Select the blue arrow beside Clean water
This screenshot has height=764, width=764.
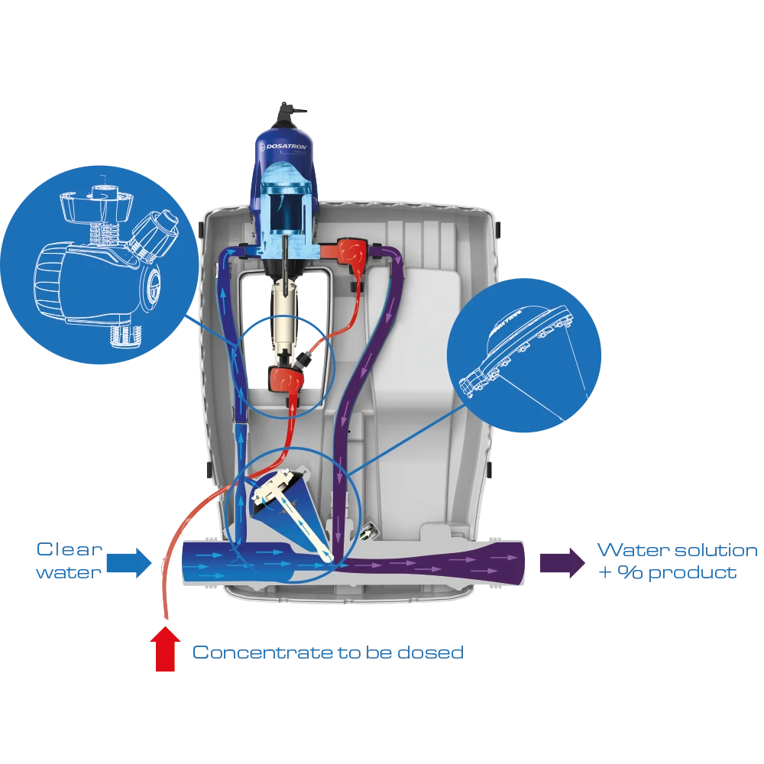point(128,563)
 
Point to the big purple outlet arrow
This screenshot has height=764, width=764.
point(562,563)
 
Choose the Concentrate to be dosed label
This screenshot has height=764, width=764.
point(326,652)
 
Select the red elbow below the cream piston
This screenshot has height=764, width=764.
point(284,377)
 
